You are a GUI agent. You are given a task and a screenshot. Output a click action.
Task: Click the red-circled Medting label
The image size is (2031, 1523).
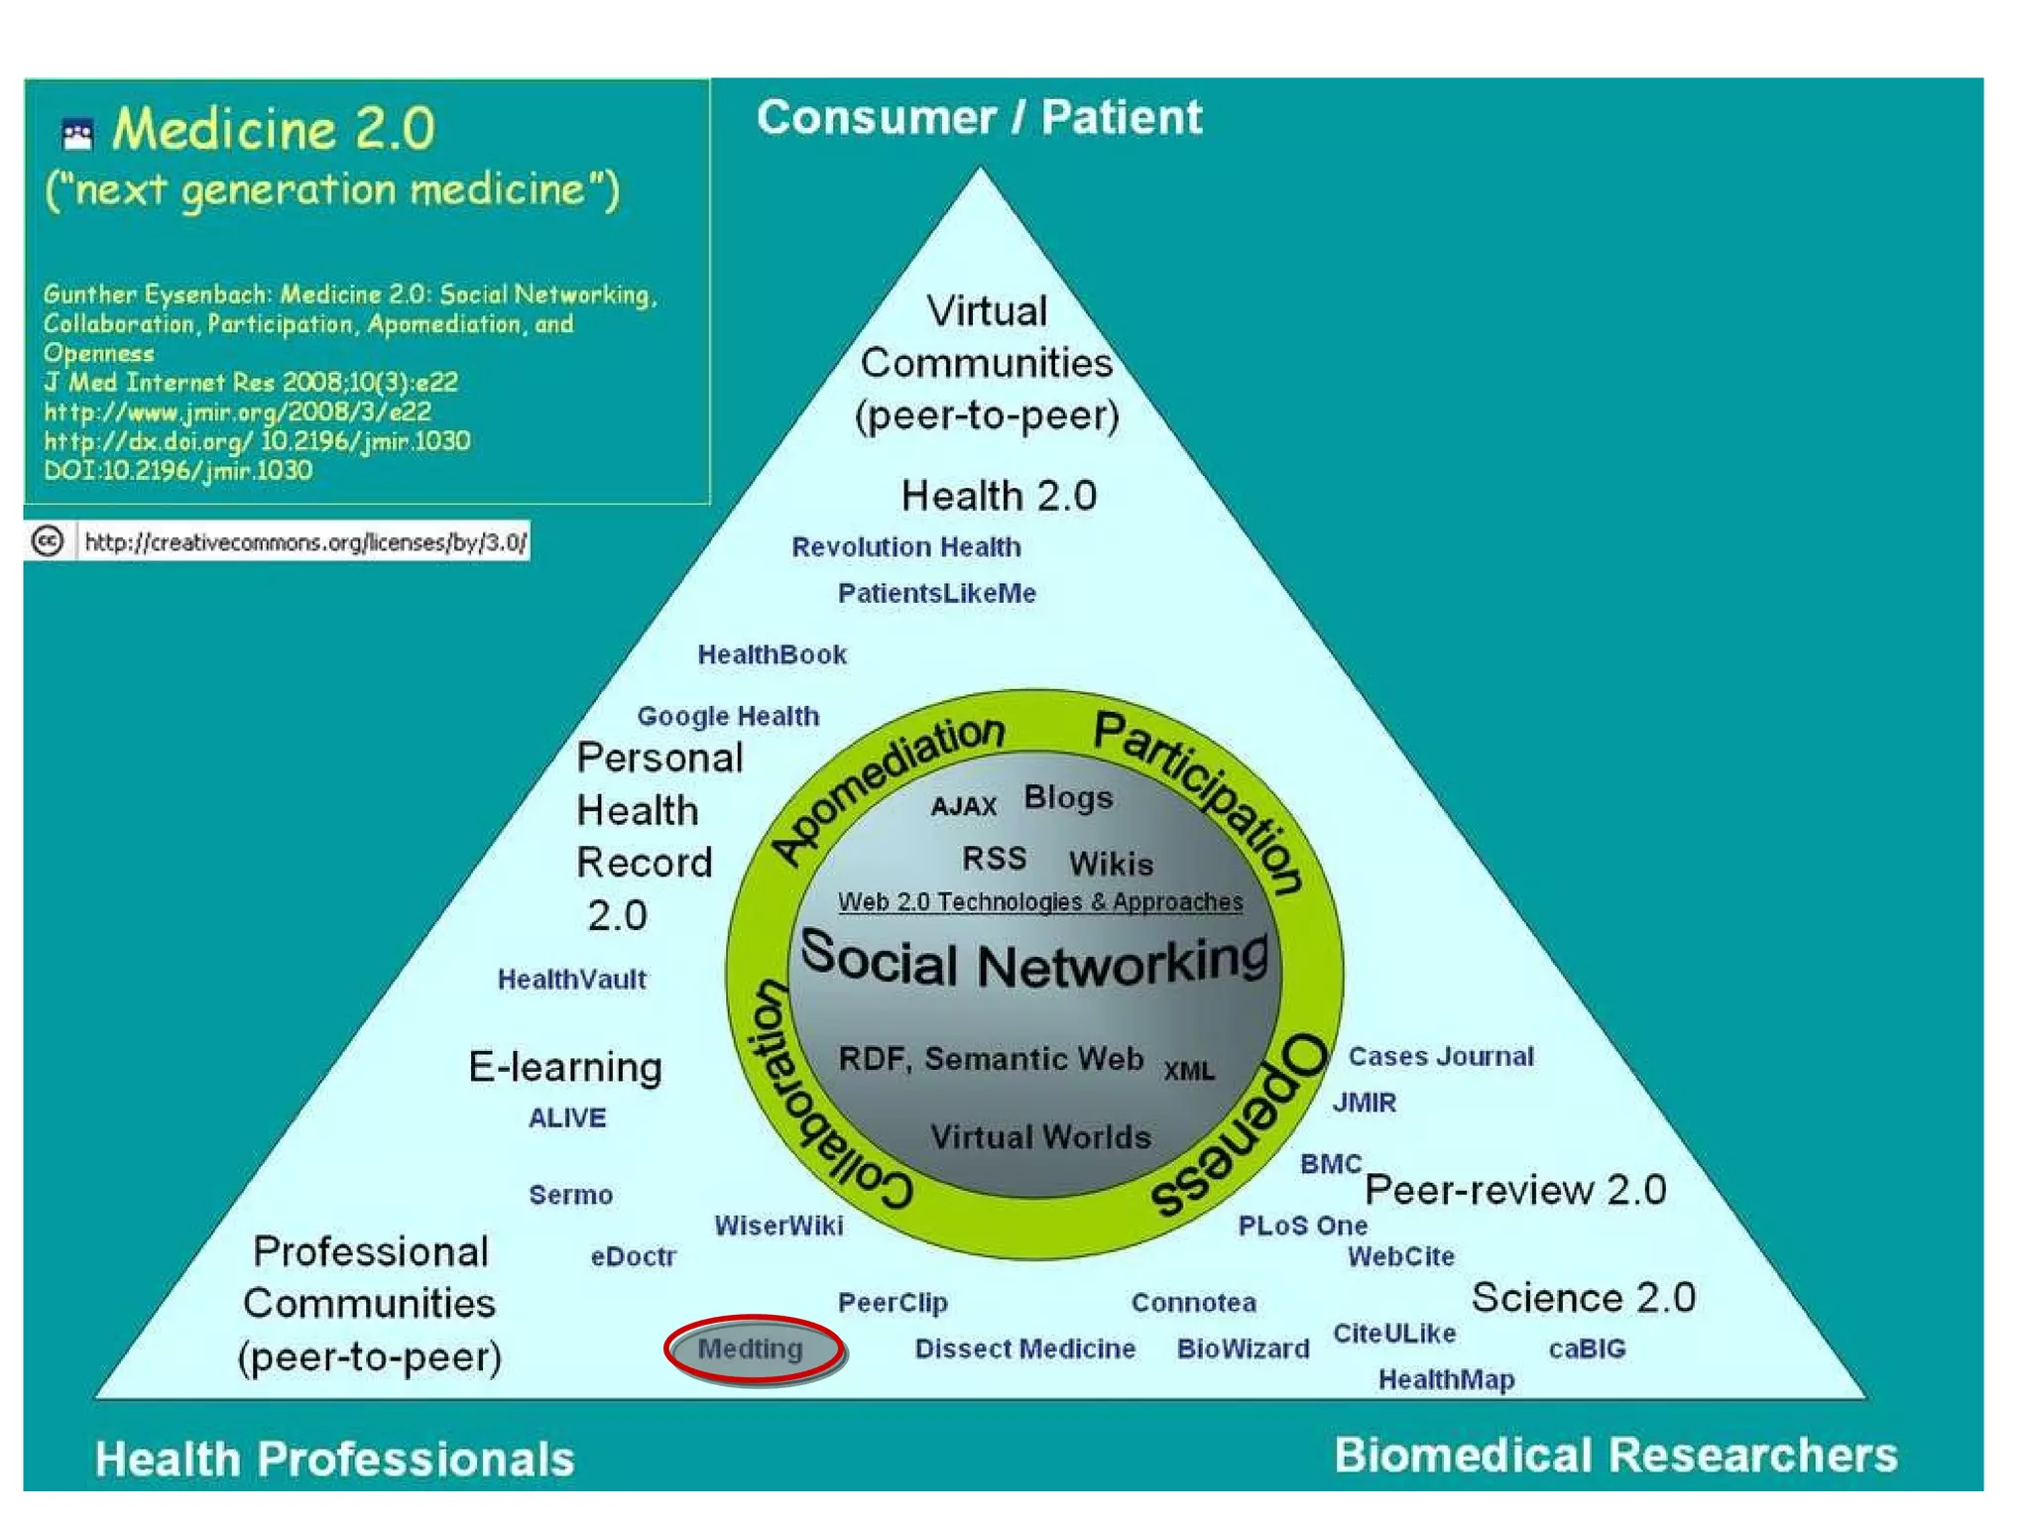pos(752,1348)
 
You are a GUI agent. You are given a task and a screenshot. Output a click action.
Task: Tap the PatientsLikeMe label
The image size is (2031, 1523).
pos(936,593)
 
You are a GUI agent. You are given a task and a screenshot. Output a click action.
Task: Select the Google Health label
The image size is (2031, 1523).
pos(728,716)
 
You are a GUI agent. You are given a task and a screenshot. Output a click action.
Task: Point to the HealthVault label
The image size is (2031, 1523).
pos(571,980)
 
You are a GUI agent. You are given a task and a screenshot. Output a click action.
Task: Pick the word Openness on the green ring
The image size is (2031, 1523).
pos(1245,1125)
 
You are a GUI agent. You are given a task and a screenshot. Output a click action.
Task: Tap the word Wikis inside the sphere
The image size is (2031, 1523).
pos(1111,864)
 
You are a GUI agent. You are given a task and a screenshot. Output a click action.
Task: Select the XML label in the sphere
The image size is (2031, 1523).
pos(1188,1071)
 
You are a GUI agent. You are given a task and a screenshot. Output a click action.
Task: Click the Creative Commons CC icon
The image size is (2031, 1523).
pos(48,541)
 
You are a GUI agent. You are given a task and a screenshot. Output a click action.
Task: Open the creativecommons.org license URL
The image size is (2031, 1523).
pos(304,542)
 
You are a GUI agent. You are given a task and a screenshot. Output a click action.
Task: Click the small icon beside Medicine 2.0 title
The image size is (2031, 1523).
pos(77,134)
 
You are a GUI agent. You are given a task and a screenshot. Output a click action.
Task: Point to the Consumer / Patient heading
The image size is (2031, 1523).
pos(979,117)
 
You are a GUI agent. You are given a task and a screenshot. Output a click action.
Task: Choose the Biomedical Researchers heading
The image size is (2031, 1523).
pos(1614,1456)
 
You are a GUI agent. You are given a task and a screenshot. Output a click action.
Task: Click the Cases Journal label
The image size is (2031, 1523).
pos(1440,1056)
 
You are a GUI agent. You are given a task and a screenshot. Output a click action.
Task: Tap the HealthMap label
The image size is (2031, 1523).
pos(1446,1379)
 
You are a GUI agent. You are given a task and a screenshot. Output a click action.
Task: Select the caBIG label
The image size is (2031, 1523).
pos(1587,1348)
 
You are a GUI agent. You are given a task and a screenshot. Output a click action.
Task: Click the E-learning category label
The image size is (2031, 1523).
pos(565,1067)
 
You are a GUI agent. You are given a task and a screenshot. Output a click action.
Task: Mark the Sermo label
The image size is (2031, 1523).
pos(570,1195)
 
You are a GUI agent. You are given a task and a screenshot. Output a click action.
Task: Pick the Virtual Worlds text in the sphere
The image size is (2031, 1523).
pos(1040,1136)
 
